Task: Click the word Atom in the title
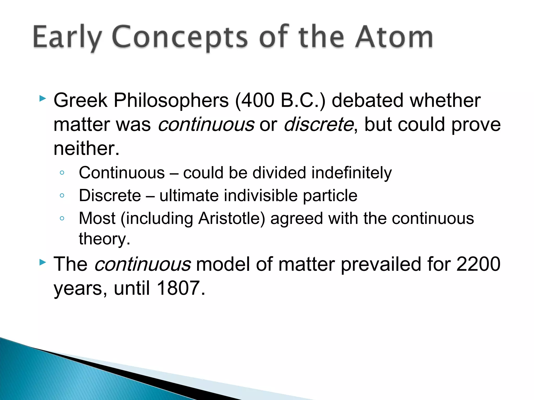(394, 37)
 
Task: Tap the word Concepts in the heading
(180, 37)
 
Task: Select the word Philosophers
(171, 100)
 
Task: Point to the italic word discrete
(318, 124)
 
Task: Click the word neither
(86, 148)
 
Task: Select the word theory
(104, 239)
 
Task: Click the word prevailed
(381, 264)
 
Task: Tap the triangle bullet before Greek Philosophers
(43, 98)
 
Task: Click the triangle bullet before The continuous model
(43, 262)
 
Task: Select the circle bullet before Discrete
(62, 195)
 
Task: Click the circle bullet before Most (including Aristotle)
(62, 218)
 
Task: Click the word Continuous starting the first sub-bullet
(122, 173)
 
